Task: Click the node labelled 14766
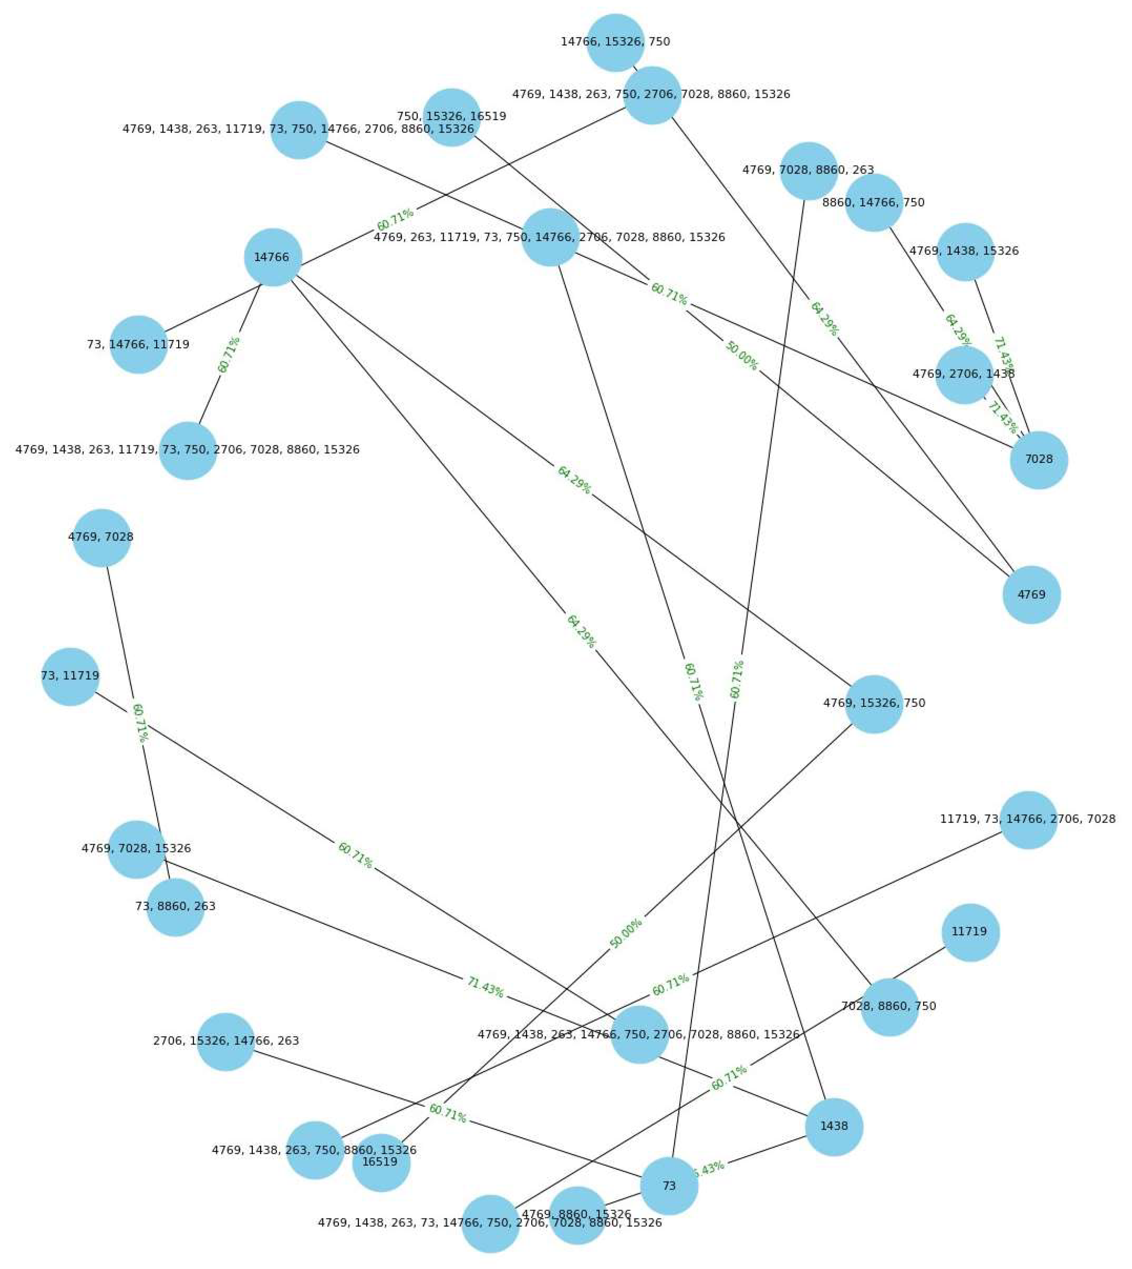(x=273, y=258)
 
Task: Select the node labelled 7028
(x=1038, y=460)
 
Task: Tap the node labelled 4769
(x=1031, y=595)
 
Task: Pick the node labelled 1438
(x=833, y=1127)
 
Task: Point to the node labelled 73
(x=669, y=1186)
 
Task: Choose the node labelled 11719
(x=970, y=932)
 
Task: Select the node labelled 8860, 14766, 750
(x=873, y=203)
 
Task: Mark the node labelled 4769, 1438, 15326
(x=965, y=251)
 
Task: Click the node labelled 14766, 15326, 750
(x=615, y=42)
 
